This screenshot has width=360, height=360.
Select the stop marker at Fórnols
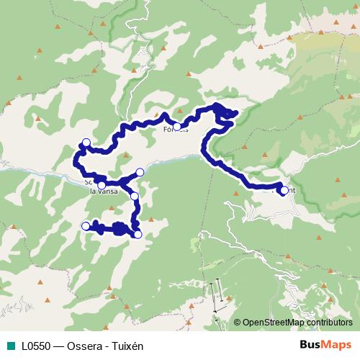click(177, 127)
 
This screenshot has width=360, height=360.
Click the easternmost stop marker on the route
click(284, 191)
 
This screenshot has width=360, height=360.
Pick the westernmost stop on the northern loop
click(86, 142)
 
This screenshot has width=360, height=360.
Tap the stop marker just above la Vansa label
click(102, 186)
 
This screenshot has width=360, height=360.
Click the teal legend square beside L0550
click(9, 346)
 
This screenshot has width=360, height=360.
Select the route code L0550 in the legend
click(35, 346)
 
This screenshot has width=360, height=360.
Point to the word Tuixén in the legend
click(127, 346)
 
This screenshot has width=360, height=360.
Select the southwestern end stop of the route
click(86, 226)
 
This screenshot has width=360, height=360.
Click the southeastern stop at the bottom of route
click(138, 233)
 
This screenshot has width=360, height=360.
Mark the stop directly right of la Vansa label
click(135, 195)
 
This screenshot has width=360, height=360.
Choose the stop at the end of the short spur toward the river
click(140, 172)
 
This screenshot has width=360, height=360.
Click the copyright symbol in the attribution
click(237, 323)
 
